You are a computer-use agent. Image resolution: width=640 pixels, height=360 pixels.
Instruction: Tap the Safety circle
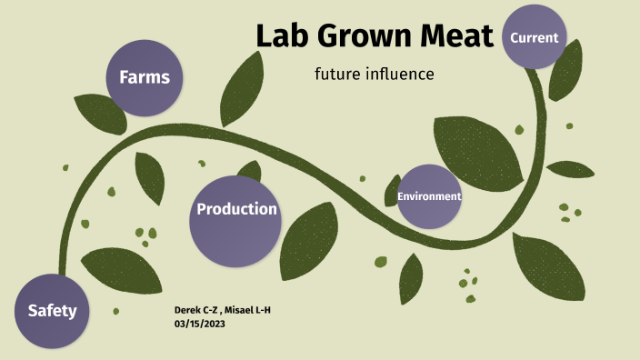pos(52,311)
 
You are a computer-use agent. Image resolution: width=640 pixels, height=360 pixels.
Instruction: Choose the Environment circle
pos(429,196)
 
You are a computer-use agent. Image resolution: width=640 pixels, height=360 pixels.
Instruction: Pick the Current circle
pos(534,37)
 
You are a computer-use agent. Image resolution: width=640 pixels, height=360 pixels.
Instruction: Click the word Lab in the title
pos(285,35)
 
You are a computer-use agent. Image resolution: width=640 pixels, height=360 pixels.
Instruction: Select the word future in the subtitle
pos(337,73)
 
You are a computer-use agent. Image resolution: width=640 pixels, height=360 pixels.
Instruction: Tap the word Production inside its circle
pos(236,209)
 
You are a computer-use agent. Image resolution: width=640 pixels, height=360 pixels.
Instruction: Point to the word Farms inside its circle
pos(145,77)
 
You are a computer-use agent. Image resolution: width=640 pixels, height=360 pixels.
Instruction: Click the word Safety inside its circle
pos(52,311)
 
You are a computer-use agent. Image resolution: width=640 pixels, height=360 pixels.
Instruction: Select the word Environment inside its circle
pos(429,196)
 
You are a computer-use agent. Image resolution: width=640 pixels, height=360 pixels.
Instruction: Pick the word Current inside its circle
pos(534,37)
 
